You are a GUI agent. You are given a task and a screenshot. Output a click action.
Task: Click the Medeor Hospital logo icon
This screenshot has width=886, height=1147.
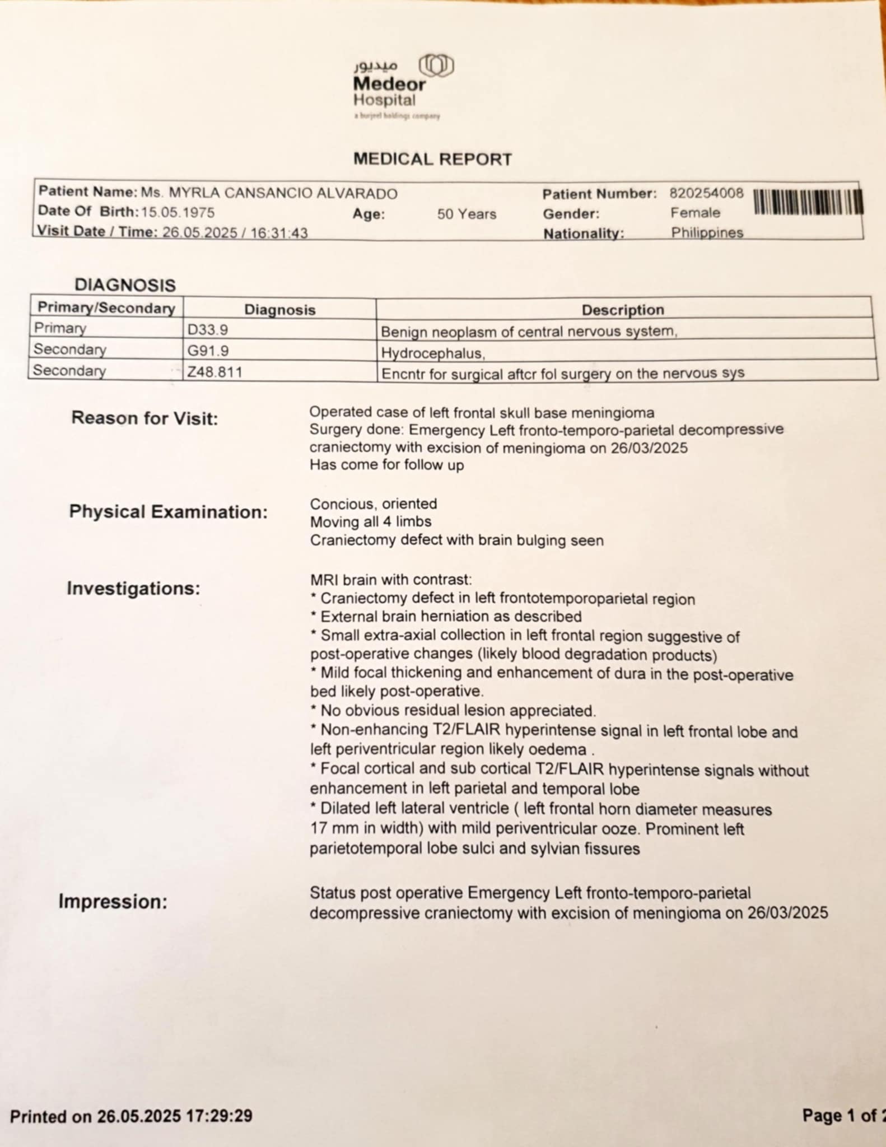(436, 67)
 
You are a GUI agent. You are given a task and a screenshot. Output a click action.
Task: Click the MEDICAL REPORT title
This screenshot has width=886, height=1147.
(432, 160)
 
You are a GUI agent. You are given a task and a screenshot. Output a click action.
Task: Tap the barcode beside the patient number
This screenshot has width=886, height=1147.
(808, 202)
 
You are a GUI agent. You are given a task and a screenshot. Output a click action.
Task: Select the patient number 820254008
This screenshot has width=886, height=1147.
(706, 194)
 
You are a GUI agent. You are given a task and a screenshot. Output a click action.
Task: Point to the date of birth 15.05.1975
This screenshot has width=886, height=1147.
(178, 212)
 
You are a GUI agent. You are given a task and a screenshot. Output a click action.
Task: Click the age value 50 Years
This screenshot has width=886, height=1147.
(467, 214)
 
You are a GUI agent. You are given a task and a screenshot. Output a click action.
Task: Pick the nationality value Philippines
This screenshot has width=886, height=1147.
(707, 232)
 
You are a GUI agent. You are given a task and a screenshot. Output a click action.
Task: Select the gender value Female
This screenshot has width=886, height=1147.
(695, 213)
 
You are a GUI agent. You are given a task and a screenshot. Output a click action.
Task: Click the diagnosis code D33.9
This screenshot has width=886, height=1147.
(208, 330)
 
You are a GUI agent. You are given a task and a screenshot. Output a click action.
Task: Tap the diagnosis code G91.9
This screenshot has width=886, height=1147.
(208, 351)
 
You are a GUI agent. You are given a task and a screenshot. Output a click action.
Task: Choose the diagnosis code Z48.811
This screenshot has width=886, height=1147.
(214, 372)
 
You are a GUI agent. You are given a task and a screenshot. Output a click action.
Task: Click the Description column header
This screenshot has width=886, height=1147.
(623, 310)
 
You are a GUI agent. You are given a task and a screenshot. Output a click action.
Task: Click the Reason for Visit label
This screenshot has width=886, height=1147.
(144, 418)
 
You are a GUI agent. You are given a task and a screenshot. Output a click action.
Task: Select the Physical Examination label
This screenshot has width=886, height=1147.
(168, 512)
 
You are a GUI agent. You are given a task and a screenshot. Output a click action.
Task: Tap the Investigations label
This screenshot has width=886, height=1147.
(133, 589)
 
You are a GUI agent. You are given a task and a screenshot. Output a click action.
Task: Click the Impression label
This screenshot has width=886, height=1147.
(113, 902)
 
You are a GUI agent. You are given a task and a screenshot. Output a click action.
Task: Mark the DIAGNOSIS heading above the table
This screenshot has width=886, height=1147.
(125, 285)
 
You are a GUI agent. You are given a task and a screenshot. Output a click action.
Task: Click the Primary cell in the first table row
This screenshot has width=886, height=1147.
(60, 328)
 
